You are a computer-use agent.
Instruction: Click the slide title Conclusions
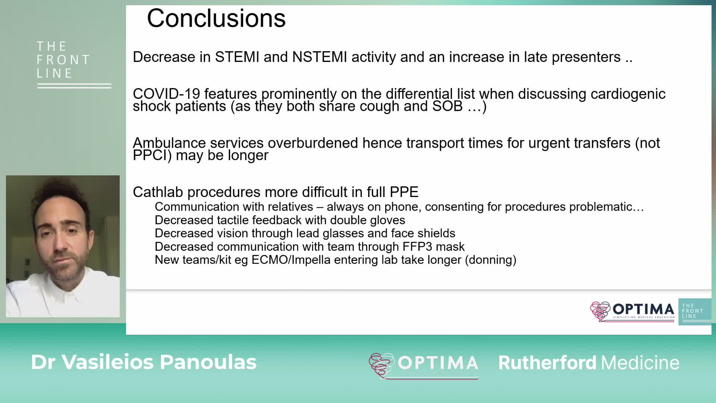[x=216, y=18]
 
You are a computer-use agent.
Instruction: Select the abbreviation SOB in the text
[x=447, y=106]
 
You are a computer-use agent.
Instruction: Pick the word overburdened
[x=313, y=143]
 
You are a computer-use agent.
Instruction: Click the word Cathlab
[x=158, y=192]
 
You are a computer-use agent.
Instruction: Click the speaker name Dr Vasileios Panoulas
[x=144, y=362]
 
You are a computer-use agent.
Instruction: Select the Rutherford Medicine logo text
[x=589, y=363]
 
